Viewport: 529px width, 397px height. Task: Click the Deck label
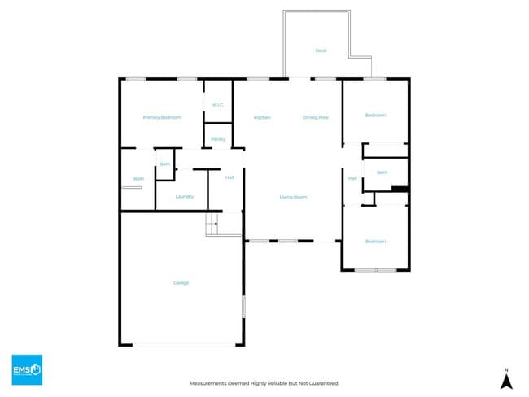[x=321, y=50]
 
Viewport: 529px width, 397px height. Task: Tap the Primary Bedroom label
[x=162, y=118]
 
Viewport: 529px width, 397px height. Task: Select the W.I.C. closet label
[x=218, y=105]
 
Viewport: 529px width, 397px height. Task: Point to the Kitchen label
[x=262, y=118]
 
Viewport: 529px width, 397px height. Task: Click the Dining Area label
[x=316, y=118]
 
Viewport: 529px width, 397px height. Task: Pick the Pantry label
[x=218, y=139]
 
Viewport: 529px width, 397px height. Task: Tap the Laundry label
[x=184, y=196]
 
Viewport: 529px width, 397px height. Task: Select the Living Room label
[x=293, y=197]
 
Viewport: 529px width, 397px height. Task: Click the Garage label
[x=181, y=283]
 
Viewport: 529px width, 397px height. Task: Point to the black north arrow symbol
[x=505, y=380]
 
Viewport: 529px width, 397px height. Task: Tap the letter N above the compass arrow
[x=505, y=367]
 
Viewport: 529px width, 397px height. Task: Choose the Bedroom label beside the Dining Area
[x=375, y=116]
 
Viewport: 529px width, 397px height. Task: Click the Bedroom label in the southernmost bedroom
[x=375, y=242]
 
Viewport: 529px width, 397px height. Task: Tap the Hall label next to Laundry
[x=230, y=177]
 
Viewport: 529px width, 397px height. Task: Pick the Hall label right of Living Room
[x=352, y=178]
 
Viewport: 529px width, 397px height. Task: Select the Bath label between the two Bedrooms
[x=381, y=172]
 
